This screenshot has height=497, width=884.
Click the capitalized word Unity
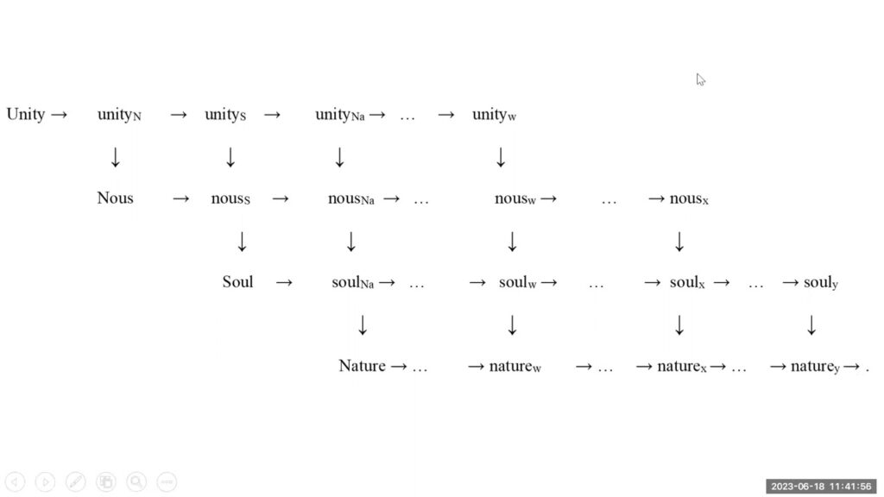26,115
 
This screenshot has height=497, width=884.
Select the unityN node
119,115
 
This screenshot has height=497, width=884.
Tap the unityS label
225,115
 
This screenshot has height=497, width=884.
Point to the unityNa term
339,115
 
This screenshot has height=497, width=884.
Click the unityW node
494,115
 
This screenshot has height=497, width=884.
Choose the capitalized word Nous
115,198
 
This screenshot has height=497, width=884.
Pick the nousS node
230,198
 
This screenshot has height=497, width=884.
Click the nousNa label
350,198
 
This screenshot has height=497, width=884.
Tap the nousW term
515,198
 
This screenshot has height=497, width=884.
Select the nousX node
689,198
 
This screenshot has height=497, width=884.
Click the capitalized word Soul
237,282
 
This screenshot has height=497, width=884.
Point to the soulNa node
352,282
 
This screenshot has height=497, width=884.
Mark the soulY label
820,282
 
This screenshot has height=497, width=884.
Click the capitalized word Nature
362,366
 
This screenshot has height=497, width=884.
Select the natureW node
515,366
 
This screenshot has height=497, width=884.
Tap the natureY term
815,367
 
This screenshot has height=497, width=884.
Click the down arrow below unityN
116,157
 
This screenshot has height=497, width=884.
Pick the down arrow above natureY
811,325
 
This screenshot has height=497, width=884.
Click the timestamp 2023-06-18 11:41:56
821,487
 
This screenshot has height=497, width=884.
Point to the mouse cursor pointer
700,79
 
